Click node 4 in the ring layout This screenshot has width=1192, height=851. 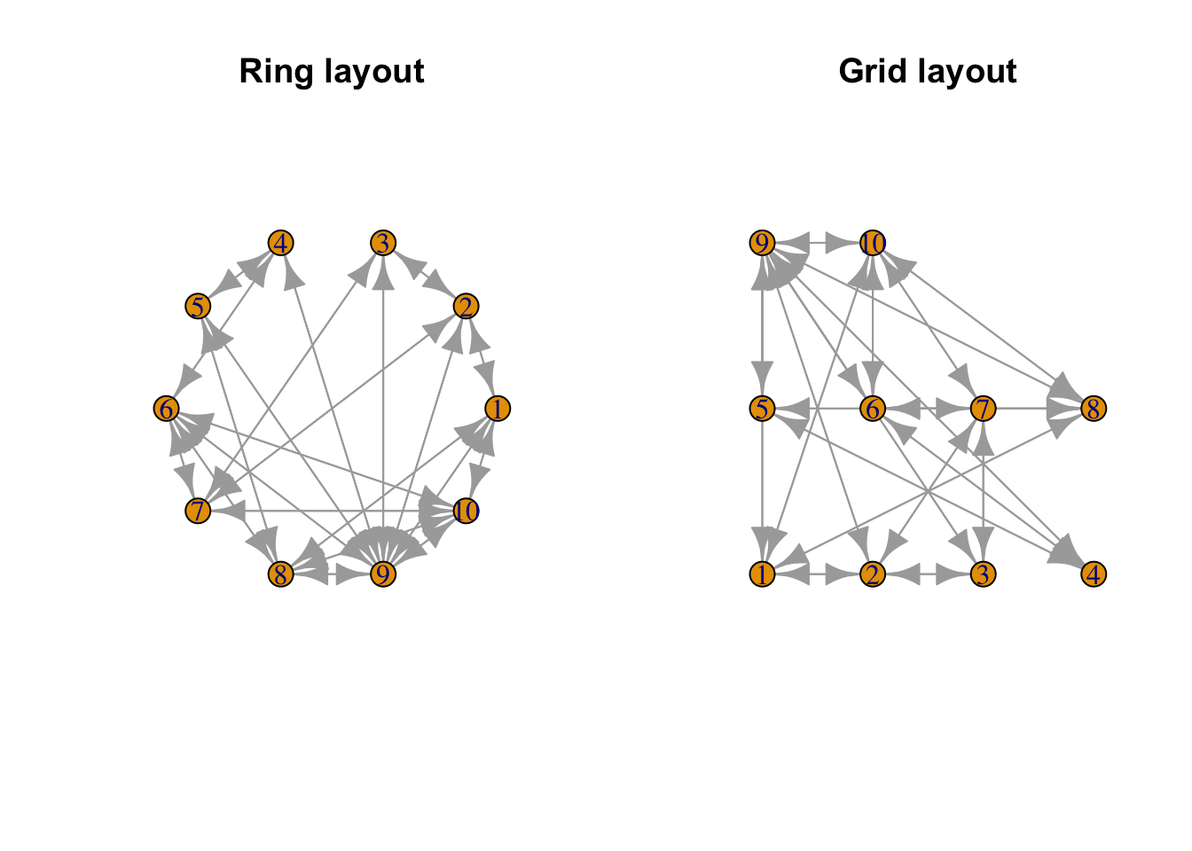[x=281, y=243]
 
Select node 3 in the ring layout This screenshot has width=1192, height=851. [x=383, y=243]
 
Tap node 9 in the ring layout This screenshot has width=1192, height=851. [x=383, y=574]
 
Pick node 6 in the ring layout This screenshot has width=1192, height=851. [x=166, y=409]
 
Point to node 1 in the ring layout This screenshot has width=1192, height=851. [x=498, y=409]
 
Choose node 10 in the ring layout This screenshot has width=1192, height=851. [x=466, y=511]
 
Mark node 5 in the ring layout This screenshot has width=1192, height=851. [x=198, y=307]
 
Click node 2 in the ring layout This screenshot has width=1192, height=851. [x=466, y=307]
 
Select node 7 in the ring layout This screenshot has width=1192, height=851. [x=198, y=511]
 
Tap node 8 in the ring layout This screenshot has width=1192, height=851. [x=281, y=574]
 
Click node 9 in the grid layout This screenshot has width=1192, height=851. [x=763, y=243]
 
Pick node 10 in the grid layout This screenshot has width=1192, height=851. [x=874, y=243]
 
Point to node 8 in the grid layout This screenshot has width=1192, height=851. [x=1094, y=409]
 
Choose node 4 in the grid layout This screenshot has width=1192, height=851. [x=1094, y=574]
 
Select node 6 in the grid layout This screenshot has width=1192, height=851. [x=874, y=409]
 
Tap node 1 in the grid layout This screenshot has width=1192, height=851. [x=763, y=574]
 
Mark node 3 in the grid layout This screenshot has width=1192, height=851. [x=984, y=574]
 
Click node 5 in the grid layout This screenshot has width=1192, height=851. [x=763, y=409]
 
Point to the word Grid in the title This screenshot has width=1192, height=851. [x=871, y=72]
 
